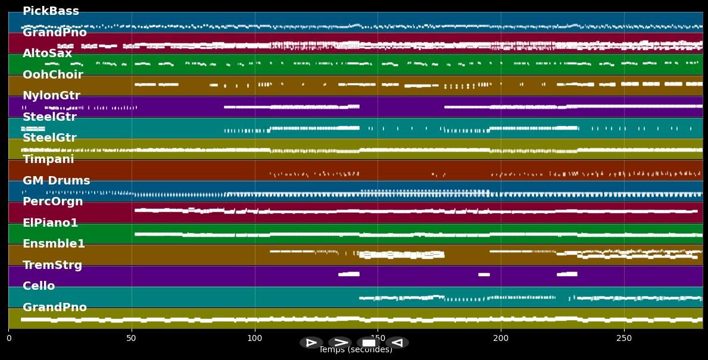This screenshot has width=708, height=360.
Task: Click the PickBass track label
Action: (51, 11)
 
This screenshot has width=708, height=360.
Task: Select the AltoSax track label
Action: (47, 54)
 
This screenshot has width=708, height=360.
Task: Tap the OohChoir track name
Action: (52, 75)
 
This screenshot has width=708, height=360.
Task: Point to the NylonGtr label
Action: (51, 96)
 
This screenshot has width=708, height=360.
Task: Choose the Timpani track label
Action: (48, 159)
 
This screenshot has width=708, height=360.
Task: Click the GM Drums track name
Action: (56, 181)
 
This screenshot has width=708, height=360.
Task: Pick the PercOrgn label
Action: (52, 202)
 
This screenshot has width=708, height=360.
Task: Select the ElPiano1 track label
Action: (50, 223)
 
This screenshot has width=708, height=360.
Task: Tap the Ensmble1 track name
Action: (54, 244)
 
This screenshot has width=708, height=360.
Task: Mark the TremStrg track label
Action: (52, 265)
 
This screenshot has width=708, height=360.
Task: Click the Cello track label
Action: (39, 286)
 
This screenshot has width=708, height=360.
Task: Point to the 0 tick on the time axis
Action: (8, 338)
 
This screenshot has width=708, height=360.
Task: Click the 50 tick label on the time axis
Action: (132, 338)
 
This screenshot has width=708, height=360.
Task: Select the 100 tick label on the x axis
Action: (255, 338)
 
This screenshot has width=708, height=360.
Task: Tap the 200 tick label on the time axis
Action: (501, 338)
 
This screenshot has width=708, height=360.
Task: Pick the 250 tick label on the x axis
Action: (624, 338)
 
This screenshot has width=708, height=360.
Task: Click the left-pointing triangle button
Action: (397, 343)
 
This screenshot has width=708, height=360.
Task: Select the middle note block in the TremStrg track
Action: (484, 274)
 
